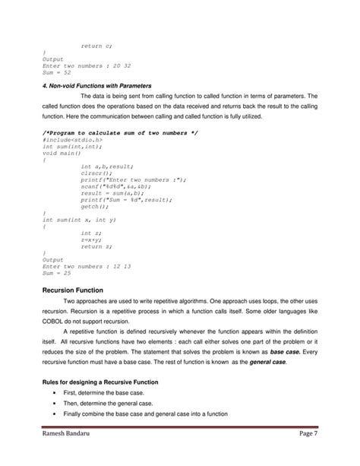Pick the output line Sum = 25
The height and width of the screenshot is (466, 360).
point(57,272)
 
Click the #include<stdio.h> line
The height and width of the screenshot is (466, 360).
point(72,141)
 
